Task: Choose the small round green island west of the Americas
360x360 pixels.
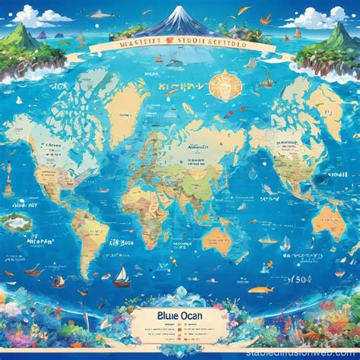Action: click(x=14, y=223)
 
